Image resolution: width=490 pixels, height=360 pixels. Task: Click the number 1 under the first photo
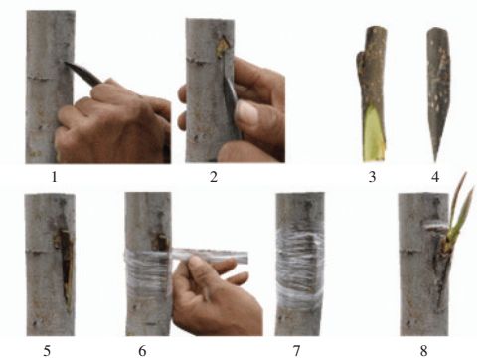(54, 177)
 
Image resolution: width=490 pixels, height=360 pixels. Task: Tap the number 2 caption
(214, 177)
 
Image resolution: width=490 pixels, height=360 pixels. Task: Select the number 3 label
(372, 177)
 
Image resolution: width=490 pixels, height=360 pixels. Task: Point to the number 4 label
(435, 177)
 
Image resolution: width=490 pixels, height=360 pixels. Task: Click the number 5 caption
(47, 351)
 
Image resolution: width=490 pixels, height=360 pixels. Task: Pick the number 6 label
(142, 351)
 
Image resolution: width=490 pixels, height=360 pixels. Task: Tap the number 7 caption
(296, 351)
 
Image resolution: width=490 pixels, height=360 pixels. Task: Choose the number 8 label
(423, 351)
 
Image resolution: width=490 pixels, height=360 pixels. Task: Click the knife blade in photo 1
(82, 72)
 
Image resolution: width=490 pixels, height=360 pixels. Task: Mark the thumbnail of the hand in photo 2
(246, 111)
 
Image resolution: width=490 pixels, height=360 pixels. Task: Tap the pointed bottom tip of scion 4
(435, 161)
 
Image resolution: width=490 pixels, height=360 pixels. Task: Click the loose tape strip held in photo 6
(211, 256)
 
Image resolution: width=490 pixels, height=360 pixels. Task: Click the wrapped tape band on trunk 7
(300, 270)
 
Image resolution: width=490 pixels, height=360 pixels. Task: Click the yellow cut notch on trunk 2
(223, 47)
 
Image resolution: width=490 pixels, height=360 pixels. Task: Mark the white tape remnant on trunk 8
(435, 227)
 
